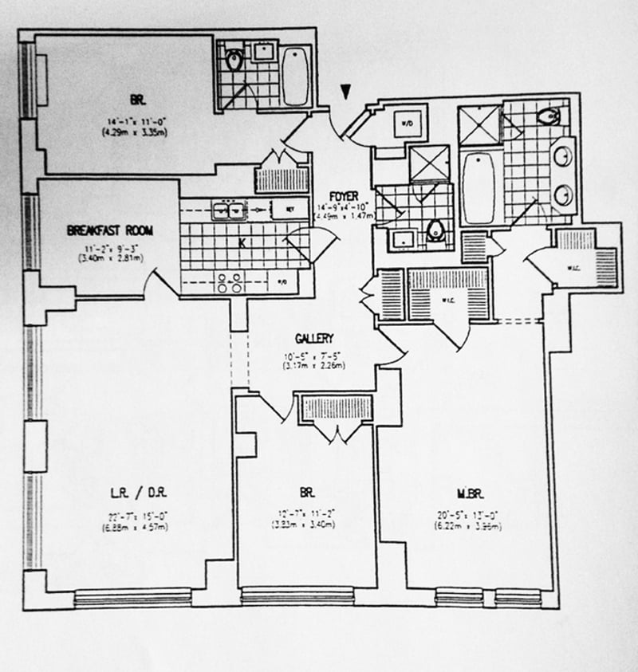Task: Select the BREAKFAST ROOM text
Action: tap(110, 231)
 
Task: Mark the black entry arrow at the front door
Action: tap(345, 93)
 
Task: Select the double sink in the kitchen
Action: tap(227, 210)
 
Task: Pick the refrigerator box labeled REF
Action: tap(289, 209)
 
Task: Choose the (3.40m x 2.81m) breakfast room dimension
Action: tap(110, 257)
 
